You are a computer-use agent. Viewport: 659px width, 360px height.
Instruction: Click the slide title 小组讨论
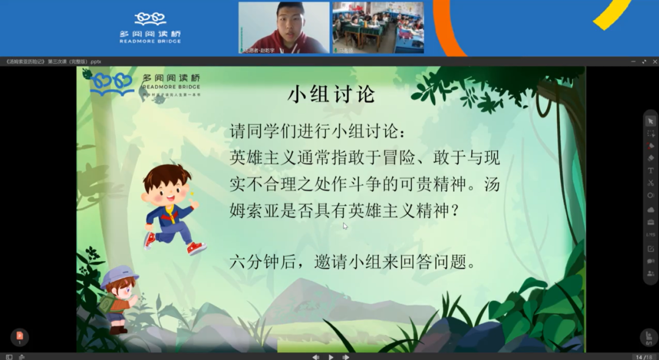[331, 95]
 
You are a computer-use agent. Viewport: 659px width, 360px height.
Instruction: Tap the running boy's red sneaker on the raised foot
[196, 248]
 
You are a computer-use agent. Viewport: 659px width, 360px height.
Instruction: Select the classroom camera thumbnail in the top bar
[378, 27]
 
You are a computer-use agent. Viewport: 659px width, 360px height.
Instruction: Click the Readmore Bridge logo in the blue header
[150, 27]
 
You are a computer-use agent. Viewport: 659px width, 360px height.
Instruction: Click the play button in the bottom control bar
[331, 357]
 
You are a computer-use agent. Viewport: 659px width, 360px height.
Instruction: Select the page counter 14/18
[643, 357]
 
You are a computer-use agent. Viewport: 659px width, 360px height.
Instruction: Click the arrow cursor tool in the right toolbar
[651, 121]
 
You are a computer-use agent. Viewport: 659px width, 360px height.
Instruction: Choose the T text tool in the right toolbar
[651, 170]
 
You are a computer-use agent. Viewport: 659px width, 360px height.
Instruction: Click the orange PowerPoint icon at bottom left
[20, 336]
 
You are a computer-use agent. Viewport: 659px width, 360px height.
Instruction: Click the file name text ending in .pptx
[53, 62]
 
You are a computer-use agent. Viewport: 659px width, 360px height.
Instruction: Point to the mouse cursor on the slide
[345, 226]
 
